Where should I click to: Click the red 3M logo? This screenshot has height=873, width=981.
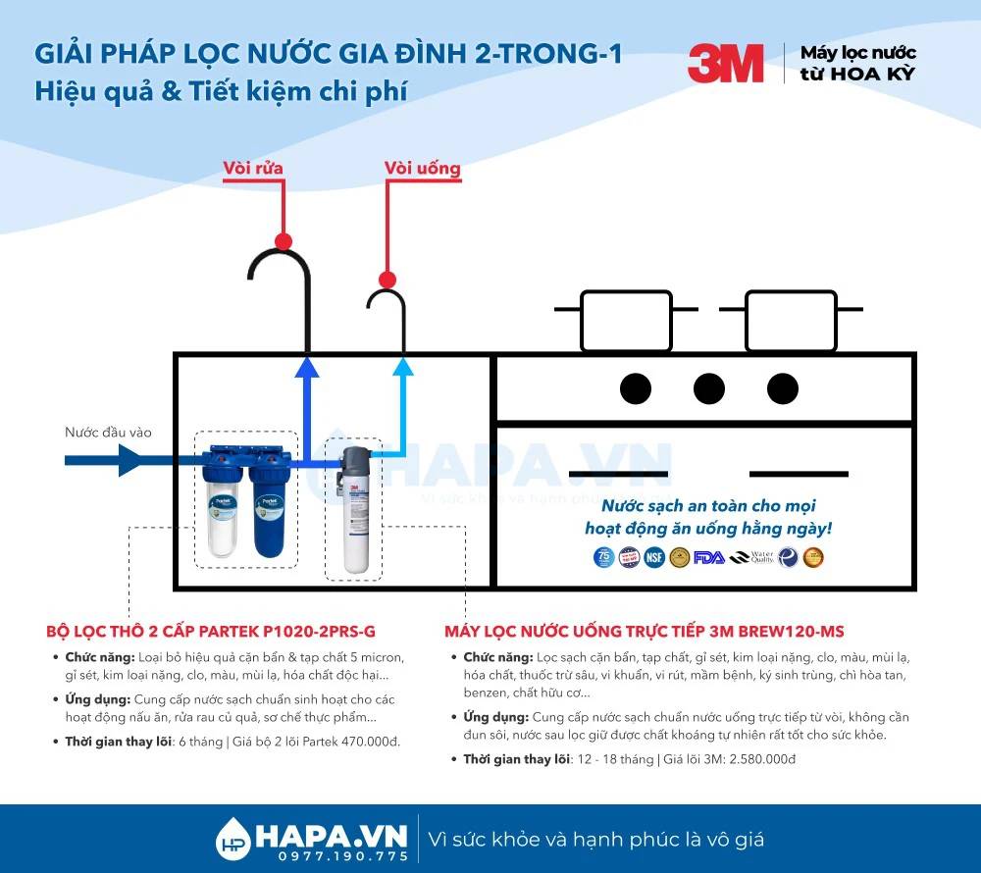pyautogui.click(x=725, y=64)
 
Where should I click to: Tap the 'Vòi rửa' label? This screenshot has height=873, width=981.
pyautogui.click(x=253, y=168)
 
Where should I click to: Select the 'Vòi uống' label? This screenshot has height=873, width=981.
pyautogui.click(x=422, y=168)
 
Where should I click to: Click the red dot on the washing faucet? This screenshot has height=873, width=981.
pyautogui.click(x=284, y=240)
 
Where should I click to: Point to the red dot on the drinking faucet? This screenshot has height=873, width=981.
pyautogui.click(x=387, y=279)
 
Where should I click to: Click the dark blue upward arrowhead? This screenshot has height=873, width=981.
pyautogui.click(x=307, y=368)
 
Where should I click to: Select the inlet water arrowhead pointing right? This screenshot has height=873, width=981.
pyautogui.click(x=131, y=458)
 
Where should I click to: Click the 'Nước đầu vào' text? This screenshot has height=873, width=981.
pyautogui.click(x=108, y=432)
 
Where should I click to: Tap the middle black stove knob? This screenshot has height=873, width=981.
pyautogui.click(x=708, y=388)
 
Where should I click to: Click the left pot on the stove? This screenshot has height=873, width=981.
pyautogui.click(x=626, y=320)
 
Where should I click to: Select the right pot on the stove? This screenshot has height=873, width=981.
pyautogui.click(x=791, y=320)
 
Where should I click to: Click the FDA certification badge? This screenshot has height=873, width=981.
pyautogui.click(x=707, y=557)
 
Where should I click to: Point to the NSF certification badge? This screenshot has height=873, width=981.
pyautogui.click(x=654, y=557)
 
